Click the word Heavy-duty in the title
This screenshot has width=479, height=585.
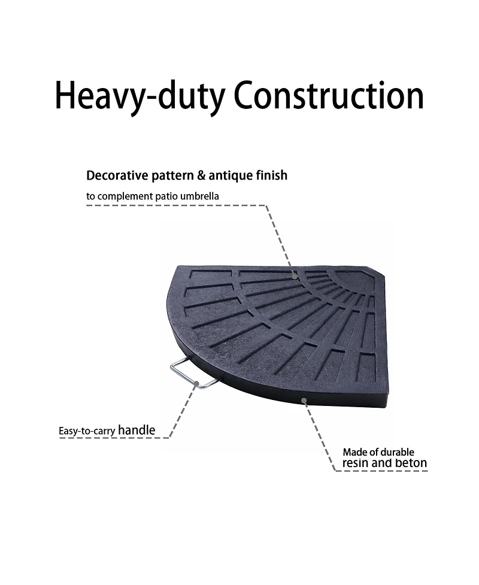pos(140,96)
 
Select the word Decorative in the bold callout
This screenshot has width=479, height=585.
pos(117,175)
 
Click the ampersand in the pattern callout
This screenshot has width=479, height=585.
pos(201,175)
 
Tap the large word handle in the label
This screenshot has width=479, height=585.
pos(137,430)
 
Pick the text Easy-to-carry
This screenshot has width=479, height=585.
pos(87,431)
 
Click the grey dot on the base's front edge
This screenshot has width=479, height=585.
pos(304,401)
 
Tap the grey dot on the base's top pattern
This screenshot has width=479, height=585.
pos(295,277)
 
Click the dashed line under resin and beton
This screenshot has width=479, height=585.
pos(381,471)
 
